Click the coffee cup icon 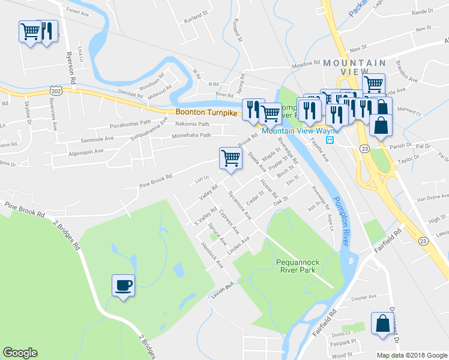pyautogui.click(x=123, y=286)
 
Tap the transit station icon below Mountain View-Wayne pyautogui.click(x=330, y=140)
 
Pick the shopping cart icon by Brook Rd pyautogui.click(x=231, y=158)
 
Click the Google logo pyautogui.click(x=20, y=353)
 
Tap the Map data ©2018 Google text pyautogui.click(x=411, y=355)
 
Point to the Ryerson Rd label pyautogui.click(x=71, y=66)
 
